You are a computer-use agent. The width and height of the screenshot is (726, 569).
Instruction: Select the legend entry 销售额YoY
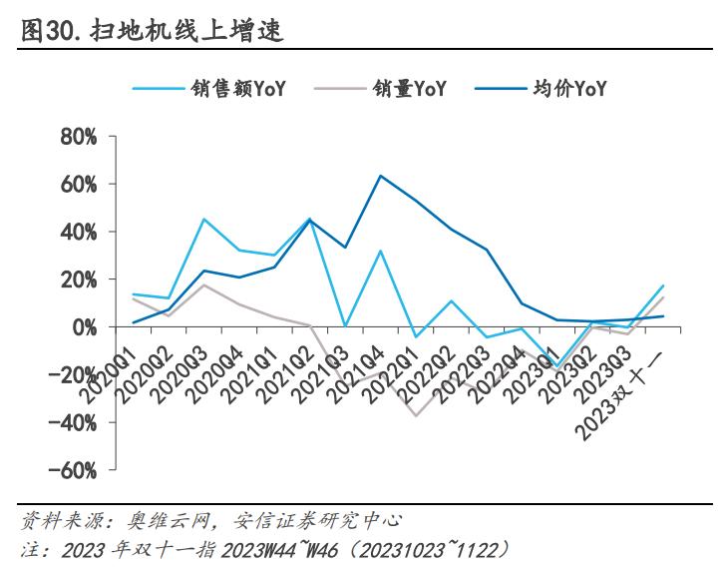point(238,89)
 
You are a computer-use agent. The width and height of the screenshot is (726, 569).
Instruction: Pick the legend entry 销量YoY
point(408,89)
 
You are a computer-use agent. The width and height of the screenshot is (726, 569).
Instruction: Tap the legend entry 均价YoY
point(569,89)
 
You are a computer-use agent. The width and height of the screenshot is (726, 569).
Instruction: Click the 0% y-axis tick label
point(83,326)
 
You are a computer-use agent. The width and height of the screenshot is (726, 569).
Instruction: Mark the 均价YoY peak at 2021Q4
point(381,176)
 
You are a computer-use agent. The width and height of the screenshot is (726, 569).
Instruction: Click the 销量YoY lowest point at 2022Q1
point(416,415)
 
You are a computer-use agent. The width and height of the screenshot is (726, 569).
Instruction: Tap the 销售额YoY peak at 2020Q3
point(204,220)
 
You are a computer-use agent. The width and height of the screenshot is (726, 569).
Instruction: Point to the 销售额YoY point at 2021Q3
point(345,325)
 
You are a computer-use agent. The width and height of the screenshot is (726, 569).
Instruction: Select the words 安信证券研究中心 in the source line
point(318,521)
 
